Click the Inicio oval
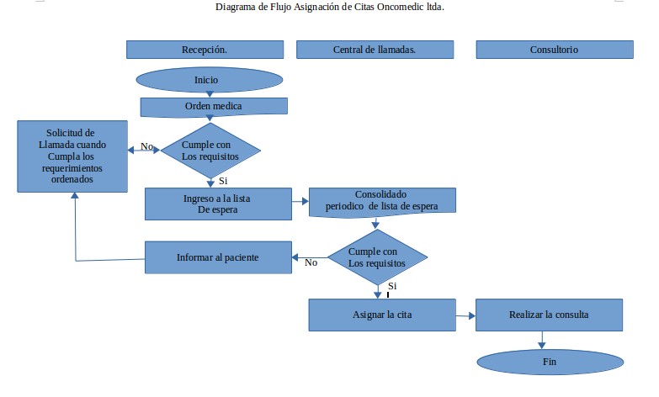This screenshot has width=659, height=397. click(206, 80)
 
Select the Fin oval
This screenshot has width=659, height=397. click(550, 362)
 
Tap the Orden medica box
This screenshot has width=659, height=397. click(213, 106)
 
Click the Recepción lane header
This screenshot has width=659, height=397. click(204, 50)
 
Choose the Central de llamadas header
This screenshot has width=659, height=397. click(375, 50)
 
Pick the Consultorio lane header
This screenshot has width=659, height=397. click(553, 50)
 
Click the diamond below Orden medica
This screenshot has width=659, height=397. click(210, 151)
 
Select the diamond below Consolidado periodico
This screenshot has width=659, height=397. click(377, 257)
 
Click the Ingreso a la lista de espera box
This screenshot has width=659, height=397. click(217, 204)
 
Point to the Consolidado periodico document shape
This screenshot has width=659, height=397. click(383, 200)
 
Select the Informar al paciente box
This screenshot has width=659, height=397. click(217, 257)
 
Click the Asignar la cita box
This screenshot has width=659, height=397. click(381, 315)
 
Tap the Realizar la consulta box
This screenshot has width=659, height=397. click(549, 315)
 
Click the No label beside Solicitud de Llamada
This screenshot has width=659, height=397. click(147, 147)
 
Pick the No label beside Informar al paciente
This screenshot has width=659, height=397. click(311, 262)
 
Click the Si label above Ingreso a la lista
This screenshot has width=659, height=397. click(223, 180)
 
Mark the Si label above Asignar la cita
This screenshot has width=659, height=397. click(392, 287)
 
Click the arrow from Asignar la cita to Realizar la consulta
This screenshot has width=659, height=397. click(465, 315)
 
